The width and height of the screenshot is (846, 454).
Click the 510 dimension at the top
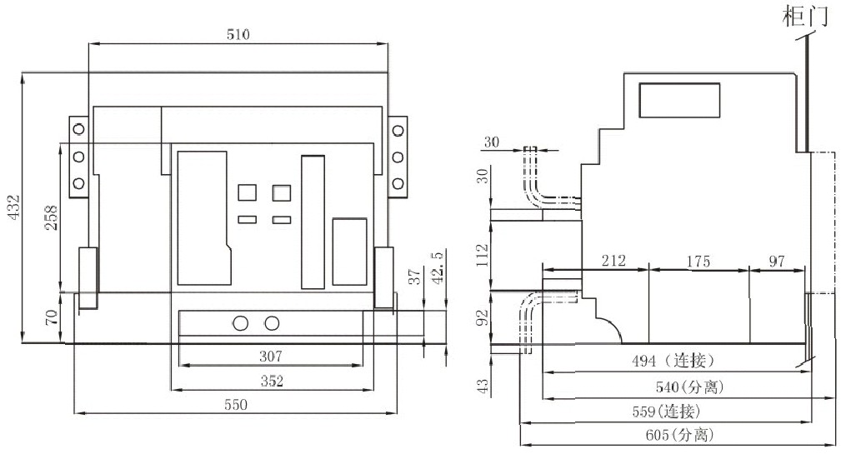tap(238, 34)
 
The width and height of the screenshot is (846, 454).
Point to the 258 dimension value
tap(51, 217)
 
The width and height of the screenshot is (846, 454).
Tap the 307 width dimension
tap(272, 356)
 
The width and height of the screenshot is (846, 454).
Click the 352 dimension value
tap(272, 381)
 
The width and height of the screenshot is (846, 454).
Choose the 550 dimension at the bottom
tap(237, 404)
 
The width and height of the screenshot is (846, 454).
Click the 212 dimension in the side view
tap(613, 261)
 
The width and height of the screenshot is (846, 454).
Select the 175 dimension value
tap(698, 261)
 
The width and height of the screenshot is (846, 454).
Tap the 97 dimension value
tap(776, 261)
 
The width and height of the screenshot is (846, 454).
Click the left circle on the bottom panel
tap(241, 323)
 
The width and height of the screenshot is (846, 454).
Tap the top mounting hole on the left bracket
tap(78, 129)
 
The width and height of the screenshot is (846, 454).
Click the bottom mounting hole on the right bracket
tap(398, 183)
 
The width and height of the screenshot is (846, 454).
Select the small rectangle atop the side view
tap(679, 102)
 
